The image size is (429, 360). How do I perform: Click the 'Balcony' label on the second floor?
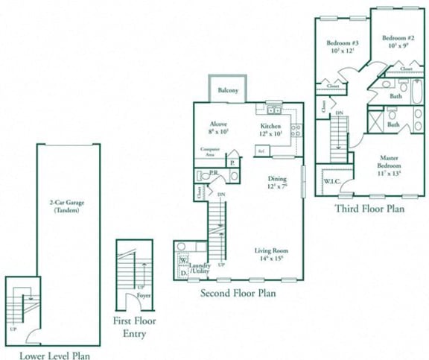tap(228, 91)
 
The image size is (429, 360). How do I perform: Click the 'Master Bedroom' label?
tap(389, 162)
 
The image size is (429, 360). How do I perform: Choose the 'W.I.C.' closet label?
tap(332, 180)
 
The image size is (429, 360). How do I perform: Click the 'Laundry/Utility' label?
tap(200, 269)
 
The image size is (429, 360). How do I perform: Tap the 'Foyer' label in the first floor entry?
tap(142, 296)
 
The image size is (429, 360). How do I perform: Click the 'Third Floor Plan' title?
tap(369, 209)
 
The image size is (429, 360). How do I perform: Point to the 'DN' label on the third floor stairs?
tap(339, 113)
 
